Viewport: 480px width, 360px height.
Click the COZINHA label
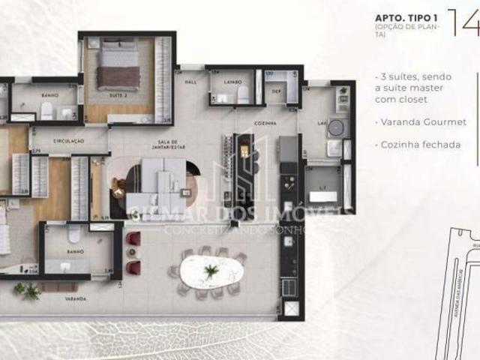[265, 123]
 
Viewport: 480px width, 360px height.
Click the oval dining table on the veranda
[213, 271]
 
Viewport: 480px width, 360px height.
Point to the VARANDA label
[75, 299]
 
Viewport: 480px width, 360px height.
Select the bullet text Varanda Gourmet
[422, 121]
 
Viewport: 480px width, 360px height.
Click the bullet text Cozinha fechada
[421, 144]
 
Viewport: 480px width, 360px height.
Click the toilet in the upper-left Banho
[46, 110]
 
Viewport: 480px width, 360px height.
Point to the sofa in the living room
[161, 181]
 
